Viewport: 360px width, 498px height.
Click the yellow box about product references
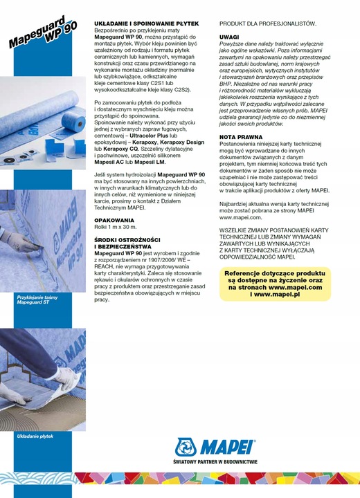coord(273,284)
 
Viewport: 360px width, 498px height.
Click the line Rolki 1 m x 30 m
coord(115,227)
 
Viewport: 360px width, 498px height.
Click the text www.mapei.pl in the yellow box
coord(276,294)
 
